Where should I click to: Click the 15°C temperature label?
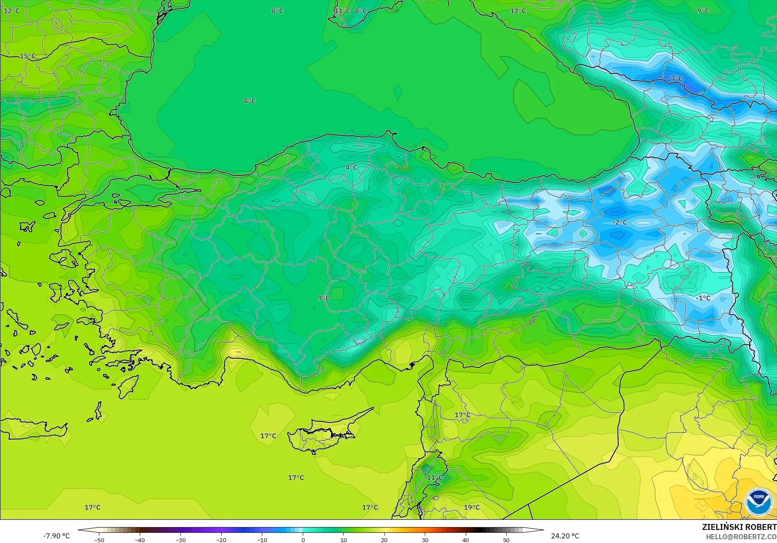28,56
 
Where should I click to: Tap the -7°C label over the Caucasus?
675,78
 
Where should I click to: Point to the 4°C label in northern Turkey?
351,167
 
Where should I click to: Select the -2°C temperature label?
620,222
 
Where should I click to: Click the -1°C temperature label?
703,298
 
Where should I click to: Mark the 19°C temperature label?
472,507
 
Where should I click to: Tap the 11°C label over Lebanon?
435,478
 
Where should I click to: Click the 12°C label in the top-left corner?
12,11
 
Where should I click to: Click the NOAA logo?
758,502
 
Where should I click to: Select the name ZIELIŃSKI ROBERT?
739,527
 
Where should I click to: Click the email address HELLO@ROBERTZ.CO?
741,537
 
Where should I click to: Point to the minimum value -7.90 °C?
56,536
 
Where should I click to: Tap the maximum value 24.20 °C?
565,536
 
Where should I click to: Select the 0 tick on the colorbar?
303,540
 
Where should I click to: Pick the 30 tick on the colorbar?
425,540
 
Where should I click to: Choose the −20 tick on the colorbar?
221,540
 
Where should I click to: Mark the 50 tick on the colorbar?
506,540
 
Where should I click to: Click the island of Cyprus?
325,432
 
